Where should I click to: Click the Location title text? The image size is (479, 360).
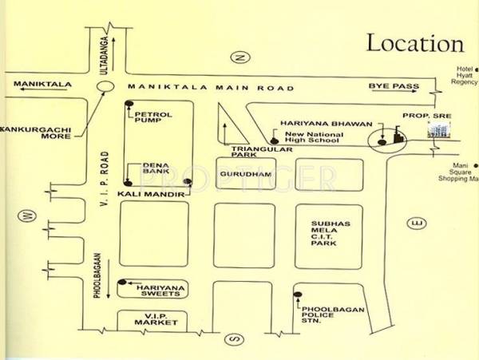pyautogui.click(x=414, y=43)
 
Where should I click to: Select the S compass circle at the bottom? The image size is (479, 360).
pyautogui.click(x=234, y=338)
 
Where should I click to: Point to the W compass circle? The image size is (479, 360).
pyautogui.click(x=26, y=215)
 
